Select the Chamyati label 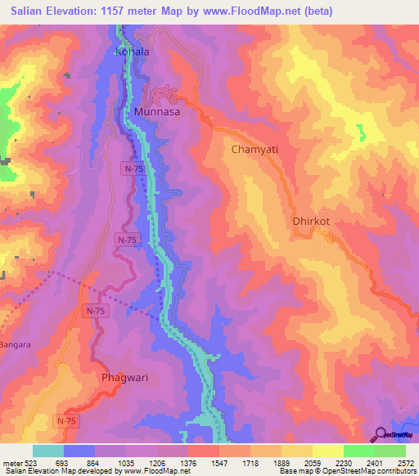[x=255, y=150]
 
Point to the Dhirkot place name [x=310, y=221]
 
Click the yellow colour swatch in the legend [x=327, y=451]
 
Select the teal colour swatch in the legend [x=47, y=451]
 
